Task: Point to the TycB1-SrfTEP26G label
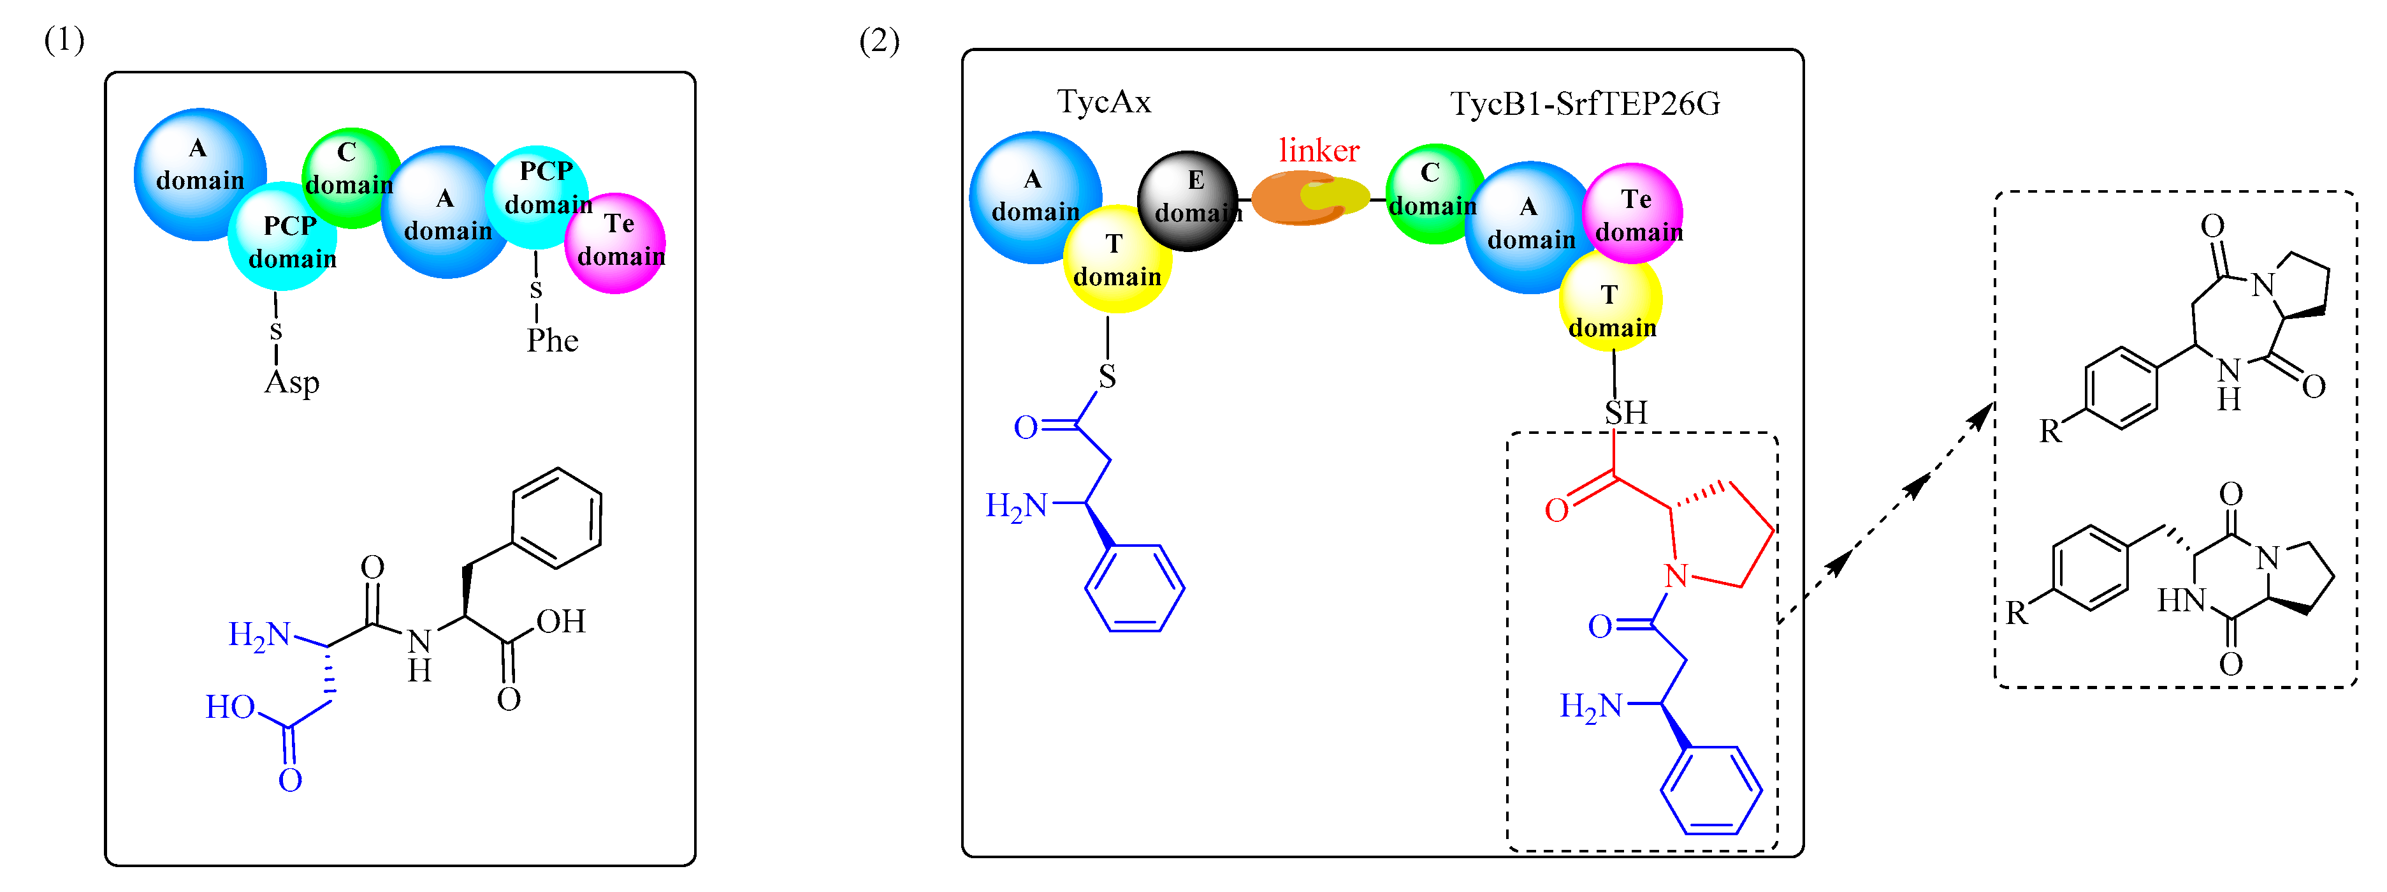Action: [1584, 104]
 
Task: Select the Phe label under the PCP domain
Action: [552, 341]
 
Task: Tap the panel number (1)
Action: [64, 40]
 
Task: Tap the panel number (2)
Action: [878, 41]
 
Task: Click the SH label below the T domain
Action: [1626, 413]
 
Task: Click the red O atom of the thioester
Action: [1556, 510]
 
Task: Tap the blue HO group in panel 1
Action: [230, 708]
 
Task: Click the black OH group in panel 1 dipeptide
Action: [561, 621]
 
